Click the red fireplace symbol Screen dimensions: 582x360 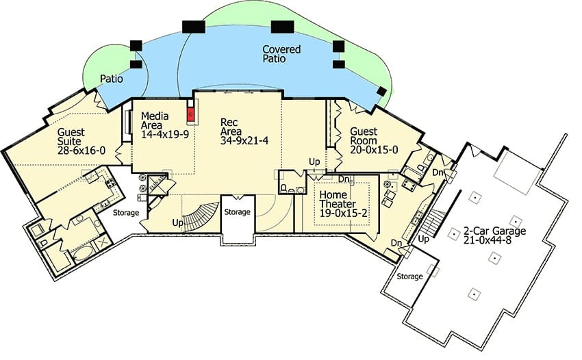pyautogui.click(x=191, y=114)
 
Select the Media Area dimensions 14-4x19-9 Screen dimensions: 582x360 pyautogui.click(x=165, y=134)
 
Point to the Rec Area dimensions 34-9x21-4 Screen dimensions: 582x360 pyautogui.click(x=244, y=141)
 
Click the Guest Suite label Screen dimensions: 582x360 pyautogui.click(x=71, y=137)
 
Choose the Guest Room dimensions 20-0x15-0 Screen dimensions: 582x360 pyautogui.click(x=374, y=150)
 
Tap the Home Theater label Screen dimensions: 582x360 pyautogui.click(x=338, y=199)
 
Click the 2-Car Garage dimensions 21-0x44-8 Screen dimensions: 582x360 pyautogui.click(x=488, y=240)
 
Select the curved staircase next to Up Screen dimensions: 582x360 pyautogui.click(x=201, y=217)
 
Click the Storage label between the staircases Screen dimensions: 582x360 pyautogui.click(x=237, y=212)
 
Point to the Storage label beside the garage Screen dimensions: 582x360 pyautogui.click(x=409, y=277)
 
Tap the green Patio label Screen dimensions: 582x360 pyautogui.click(x=112, y=79)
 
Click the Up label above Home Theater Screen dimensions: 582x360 pyautogui.click(x=314, y=162)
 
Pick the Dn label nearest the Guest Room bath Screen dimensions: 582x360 pyautogui.click(x=438, y=172)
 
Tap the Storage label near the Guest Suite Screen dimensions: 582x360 pyautogui.click(x=126, y=213)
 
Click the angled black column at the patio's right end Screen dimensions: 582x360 pyautogui.click(x=381, y=91)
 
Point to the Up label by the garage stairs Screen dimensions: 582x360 pyautogui.click(x=424, y=239)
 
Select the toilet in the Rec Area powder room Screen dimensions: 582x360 pyautogui.click(x=283, y=188)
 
